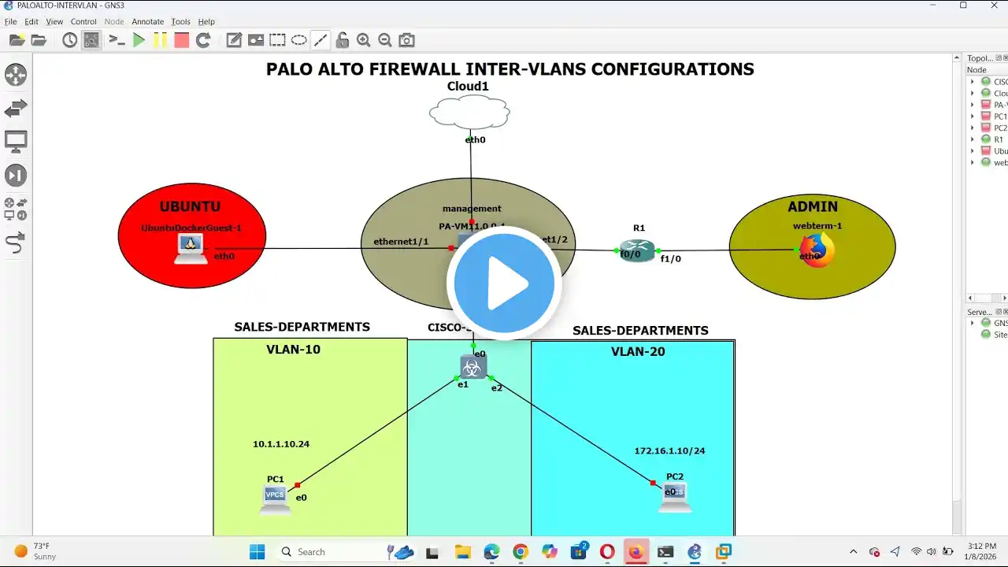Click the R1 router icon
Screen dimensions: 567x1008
(637, 250)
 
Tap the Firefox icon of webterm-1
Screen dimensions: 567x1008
(817, 251)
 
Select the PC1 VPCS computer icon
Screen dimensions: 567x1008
(275, 499)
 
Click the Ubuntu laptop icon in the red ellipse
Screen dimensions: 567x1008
(190, 249)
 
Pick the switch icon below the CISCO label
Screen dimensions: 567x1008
(473, 366)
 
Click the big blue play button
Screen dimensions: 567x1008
(504, 283)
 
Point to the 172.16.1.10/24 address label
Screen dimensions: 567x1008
(669, 451)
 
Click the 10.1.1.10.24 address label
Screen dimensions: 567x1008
(281, 444)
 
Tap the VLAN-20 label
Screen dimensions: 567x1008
(638, 352)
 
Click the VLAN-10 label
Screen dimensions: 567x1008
(293, 350)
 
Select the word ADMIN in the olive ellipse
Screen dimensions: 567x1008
(813, 207)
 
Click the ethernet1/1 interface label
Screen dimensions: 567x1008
(401, 241)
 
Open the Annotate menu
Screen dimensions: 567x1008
(147, 22)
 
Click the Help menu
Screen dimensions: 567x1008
(206, 22)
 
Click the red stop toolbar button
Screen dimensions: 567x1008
(181, 40)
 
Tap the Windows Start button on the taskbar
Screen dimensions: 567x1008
(258, 551)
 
